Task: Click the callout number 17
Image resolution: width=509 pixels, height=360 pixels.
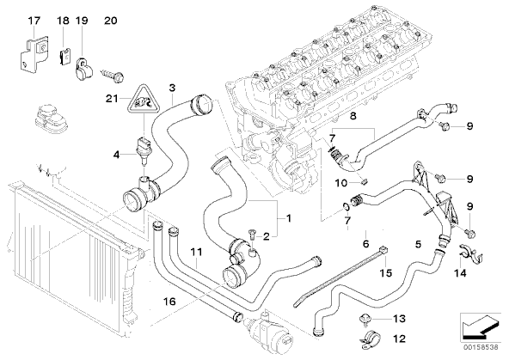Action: point(34,21)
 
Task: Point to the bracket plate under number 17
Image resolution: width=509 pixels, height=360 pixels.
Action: point(32,54)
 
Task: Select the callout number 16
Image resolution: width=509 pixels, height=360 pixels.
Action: point(169,302)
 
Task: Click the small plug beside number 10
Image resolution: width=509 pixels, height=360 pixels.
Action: point(364,182)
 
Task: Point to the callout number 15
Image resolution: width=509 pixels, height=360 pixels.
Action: point(386,272)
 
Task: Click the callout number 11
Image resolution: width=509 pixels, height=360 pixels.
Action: point(196,252)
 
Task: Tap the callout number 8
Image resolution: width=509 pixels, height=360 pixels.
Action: point(353,116)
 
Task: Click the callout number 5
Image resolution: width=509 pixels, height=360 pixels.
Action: point(418,244)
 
